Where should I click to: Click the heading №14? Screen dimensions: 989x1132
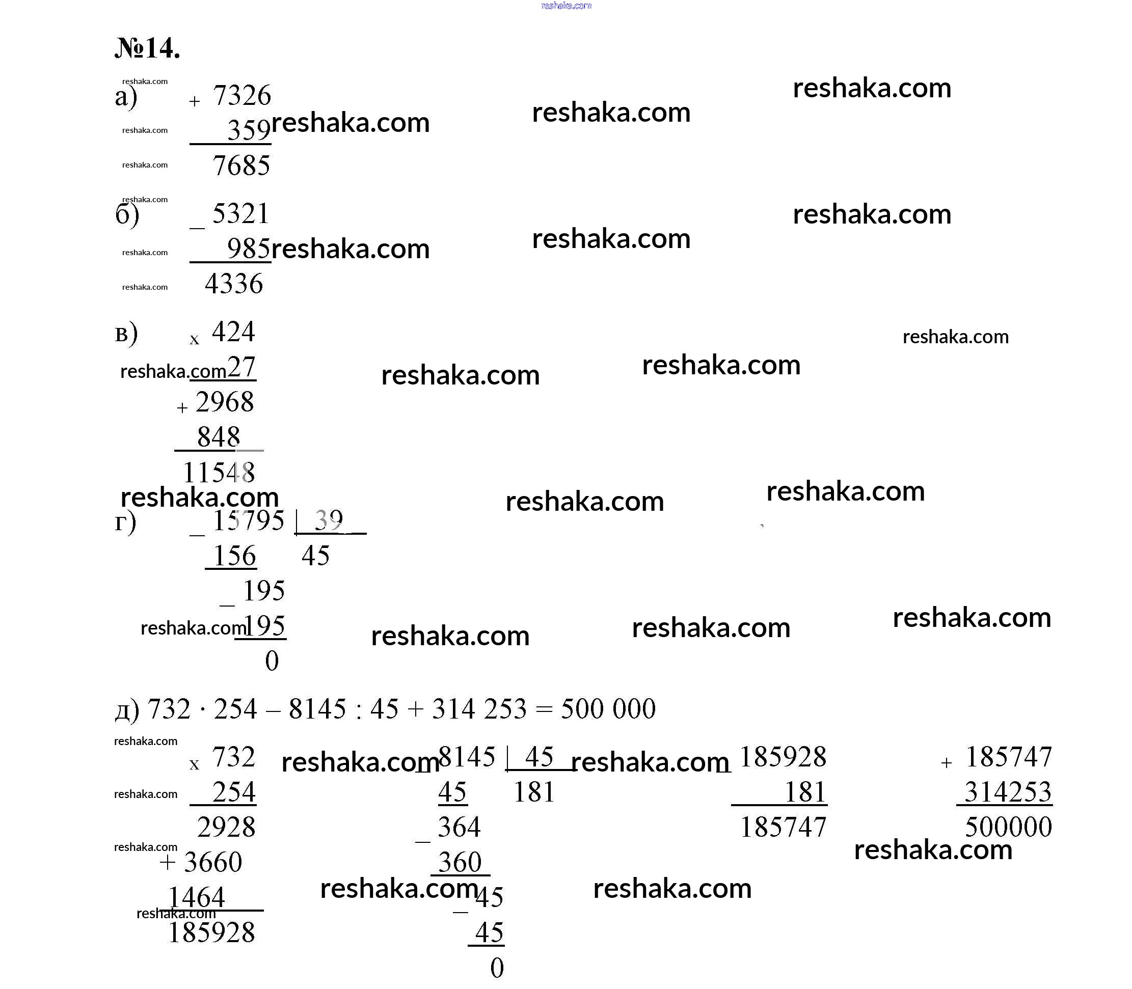[x=147, y=48]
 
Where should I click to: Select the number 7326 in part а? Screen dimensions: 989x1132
[x=242, y=95]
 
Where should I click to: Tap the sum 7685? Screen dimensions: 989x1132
[x=241, y=166]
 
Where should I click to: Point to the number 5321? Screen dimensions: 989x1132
[x=241, y=213]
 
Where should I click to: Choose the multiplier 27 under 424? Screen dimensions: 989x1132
[x=241, y=367]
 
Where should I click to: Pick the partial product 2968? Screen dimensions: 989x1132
[x=225, y=402]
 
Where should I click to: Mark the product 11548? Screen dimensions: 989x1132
[x=219, y=473]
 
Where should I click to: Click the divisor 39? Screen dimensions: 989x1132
[x=329, y=519]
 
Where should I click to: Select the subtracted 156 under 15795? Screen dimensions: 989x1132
[x=234, y=555]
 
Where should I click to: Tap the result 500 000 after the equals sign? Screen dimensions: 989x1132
[x=608, y=708]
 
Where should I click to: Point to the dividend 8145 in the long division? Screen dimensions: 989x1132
[x=467, y=757]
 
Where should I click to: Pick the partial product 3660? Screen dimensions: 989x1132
[x=212, y=862]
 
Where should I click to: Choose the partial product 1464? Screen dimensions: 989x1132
[x=196, y=897]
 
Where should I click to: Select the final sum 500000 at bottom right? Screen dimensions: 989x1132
[x=1008, y=827]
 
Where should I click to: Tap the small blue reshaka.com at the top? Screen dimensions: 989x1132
[x=566, y=6]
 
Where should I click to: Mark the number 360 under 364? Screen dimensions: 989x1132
[x=460, y=862]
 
